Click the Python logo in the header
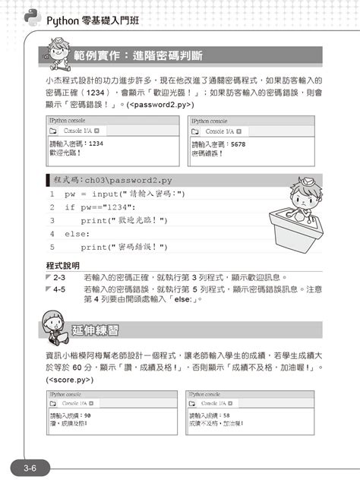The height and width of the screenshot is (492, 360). (33, 17)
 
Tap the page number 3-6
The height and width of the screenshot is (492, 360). (31, 468)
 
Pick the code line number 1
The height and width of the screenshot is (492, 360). (52, 194)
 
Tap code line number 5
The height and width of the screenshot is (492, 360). (52, 248)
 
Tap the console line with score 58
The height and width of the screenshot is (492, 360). (214, 416)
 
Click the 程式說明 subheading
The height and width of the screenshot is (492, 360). (64, 266)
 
